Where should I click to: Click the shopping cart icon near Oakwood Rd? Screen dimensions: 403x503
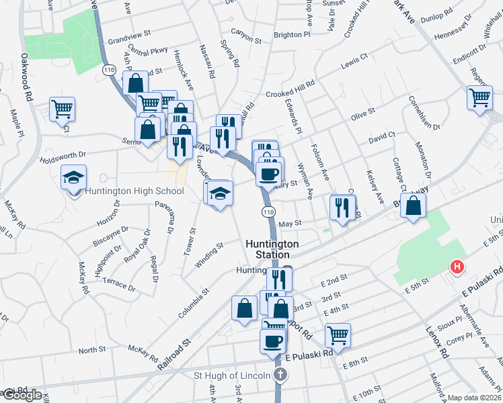pyautogui.click(x=62, y=108)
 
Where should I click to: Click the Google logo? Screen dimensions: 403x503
pyautogui.click(x=22, y=395)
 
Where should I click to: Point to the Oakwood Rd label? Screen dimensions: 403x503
pyautogui.click(x=27, y=78)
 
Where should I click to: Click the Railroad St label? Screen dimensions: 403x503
pyautogui.click(x=176, y=355)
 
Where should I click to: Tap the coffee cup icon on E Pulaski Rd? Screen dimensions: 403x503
pyautogui.click(x=272, y=341)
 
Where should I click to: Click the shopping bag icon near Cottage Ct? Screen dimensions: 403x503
pyautogui.click(x=413, y=206)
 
